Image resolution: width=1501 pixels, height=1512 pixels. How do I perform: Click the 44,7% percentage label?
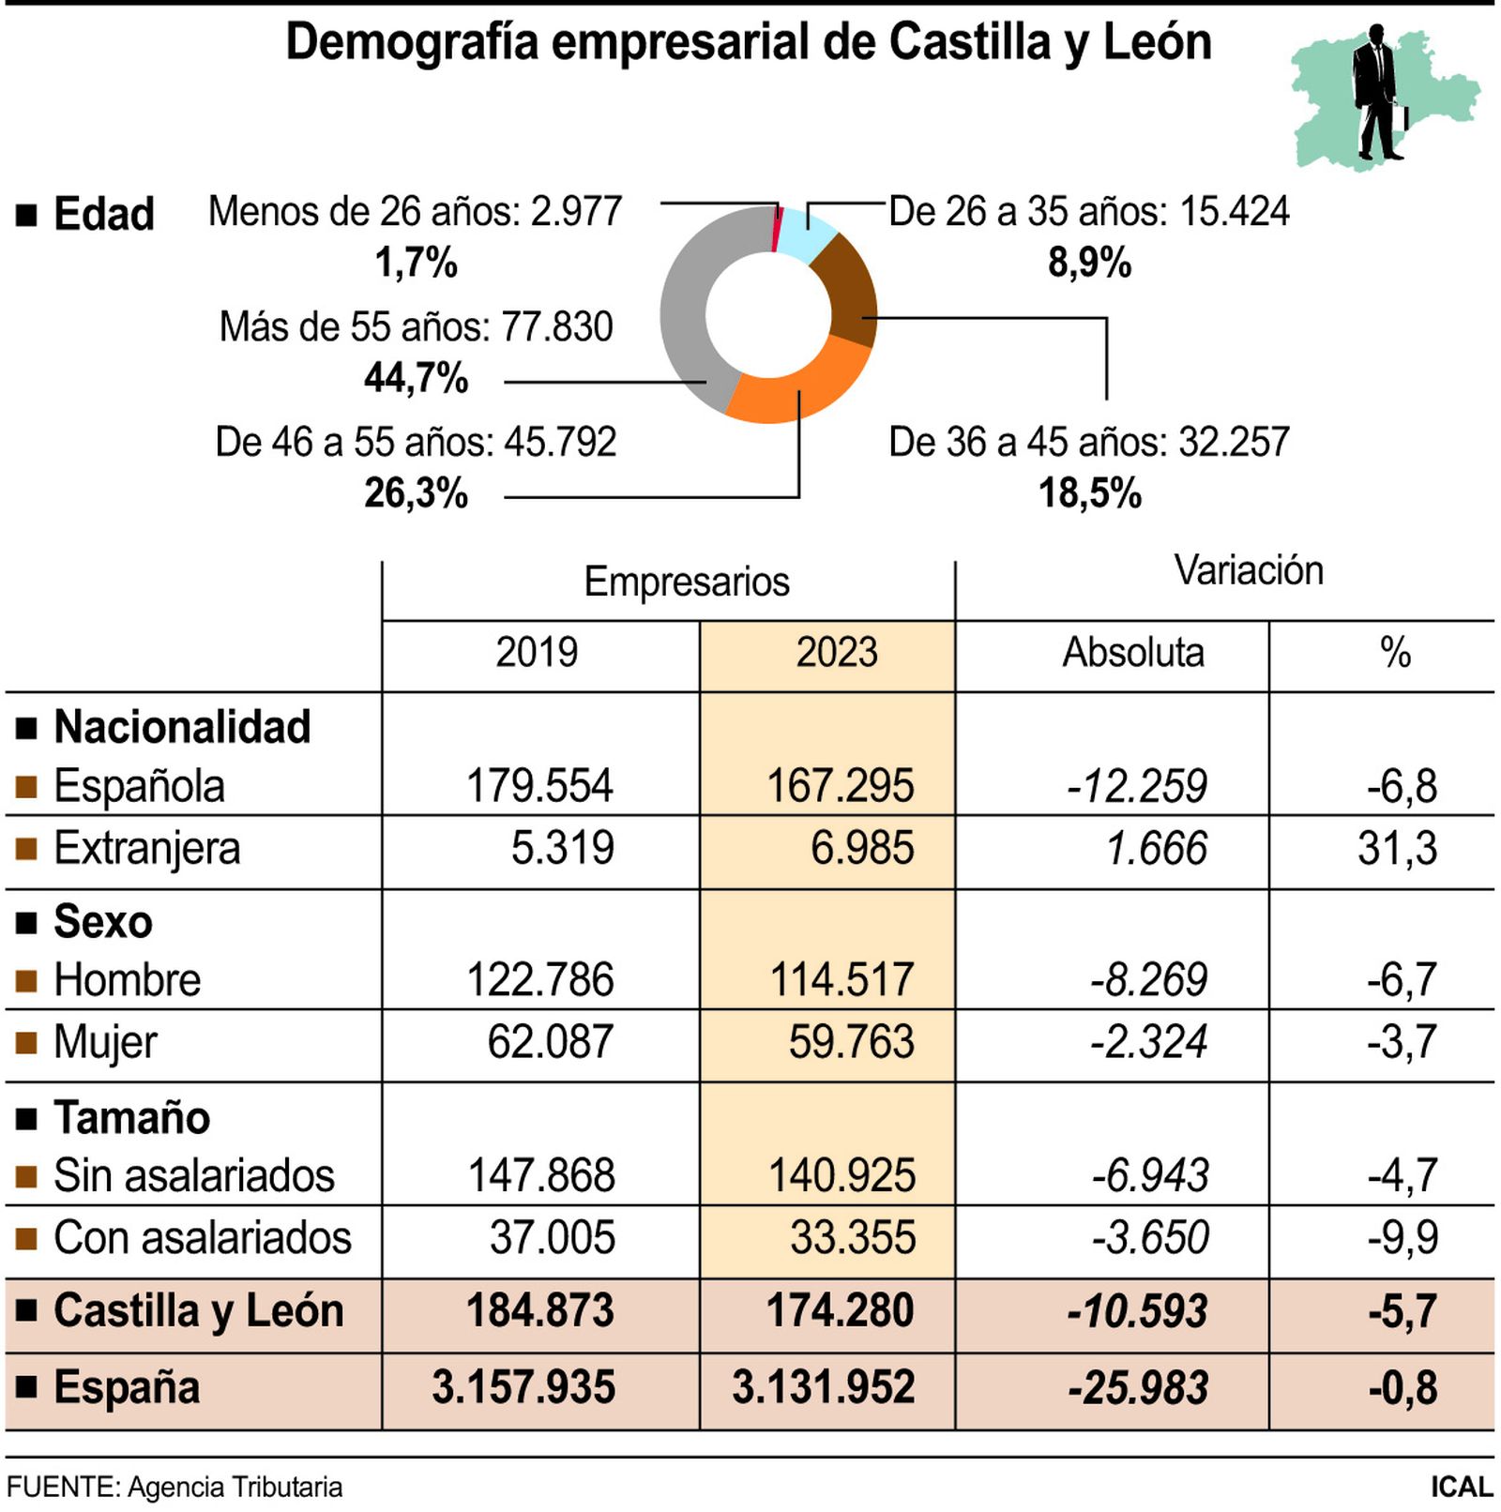pyautogui.click(x=416, y=379)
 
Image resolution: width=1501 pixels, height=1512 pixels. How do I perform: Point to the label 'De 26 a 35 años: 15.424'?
pyautogui.click(x=1088, y=212)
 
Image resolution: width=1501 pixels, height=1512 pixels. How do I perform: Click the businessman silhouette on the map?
pyautogui.click(x=1374, y=94)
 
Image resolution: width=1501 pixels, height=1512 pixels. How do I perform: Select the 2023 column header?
pyautogui.click(x=836, y=653)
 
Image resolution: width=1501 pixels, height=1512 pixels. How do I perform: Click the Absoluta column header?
pyautogui.click(x=1132, y=653)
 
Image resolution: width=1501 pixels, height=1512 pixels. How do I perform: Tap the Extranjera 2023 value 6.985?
pyautogui.click(x=861, y=849)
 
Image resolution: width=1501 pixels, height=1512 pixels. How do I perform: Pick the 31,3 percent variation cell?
pyautogui.click(x=1397, y=849)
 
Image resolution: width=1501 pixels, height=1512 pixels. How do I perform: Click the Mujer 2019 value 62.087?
pyautogui.click(x=550, y=1042)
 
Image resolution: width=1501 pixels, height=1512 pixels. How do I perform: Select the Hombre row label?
pyautogui.click(x=127, y=980)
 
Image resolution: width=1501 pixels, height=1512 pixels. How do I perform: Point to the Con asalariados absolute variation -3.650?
pyautogui.click(x=1149, y=1237)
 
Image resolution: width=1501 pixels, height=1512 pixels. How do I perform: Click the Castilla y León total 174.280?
pyautogui.click(x=840, y=1311)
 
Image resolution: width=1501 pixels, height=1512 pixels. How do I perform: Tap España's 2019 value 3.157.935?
pyautogui.click(x=523, y=1387)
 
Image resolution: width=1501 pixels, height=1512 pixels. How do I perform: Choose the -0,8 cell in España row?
pyautogui.click(x=1402, y=1387)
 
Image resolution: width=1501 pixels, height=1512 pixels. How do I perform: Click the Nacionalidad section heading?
pyautogui.click(x=181, y=727)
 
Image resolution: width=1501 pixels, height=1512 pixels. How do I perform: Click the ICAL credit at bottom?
pyautogui.click(x=1461, y=1487)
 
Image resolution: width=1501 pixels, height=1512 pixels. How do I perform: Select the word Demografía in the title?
pyautogui.click(x=412, y=43)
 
